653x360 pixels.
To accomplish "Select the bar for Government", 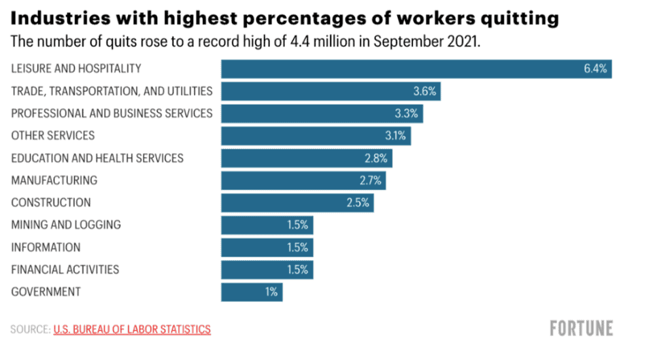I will [x=251, y=292].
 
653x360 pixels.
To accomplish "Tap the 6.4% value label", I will [x=597, y=69].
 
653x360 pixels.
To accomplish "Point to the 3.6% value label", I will [x=425, y=91].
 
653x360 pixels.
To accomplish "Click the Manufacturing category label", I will [x=54, y=180].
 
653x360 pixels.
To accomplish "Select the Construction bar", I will [x=297, y=203].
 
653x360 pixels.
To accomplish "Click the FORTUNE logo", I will [x=581, y=329].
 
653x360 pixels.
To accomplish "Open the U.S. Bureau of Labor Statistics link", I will [x=132, y=329].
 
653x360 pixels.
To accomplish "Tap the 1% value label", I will [x=271, y=292].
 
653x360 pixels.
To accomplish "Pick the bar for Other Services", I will [x=316, y=135].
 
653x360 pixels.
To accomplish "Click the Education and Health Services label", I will [x=97, y=158].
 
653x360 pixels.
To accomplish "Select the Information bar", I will [x=267, y=247].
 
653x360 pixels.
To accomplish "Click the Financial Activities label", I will [x=65, y=269].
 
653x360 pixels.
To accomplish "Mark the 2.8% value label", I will [x=376, y=158].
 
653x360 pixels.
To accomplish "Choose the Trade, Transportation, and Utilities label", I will [x=112, y=91].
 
